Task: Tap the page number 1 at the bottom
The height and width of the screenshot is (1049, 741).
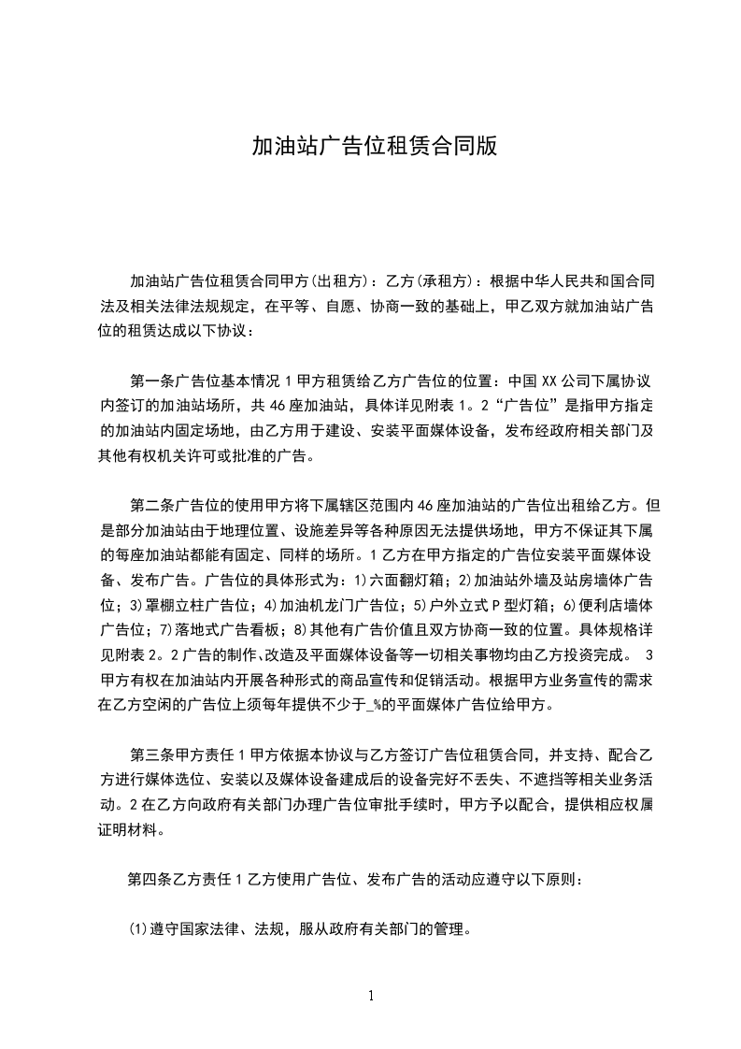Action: point(371,996)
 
